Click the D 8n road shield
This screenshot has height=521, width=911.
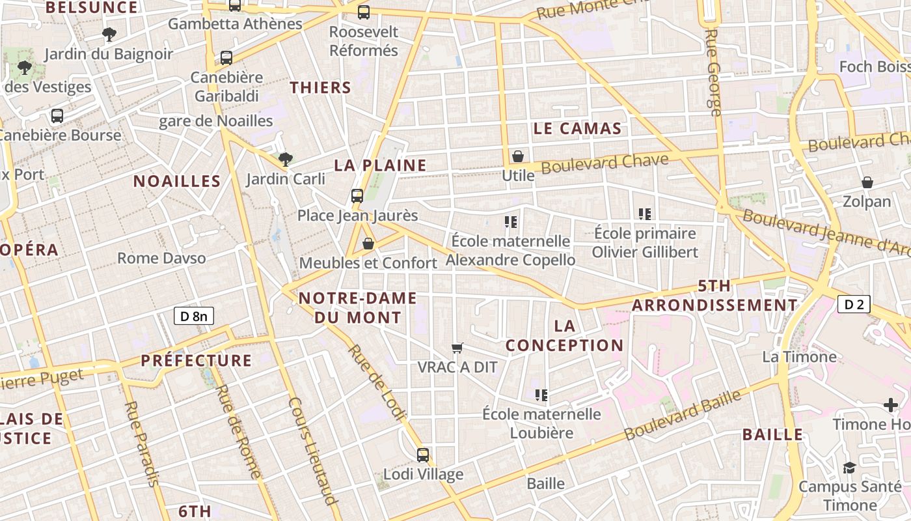(x=194, y=317)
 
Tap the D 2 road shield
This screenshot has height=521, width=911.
(x=854, y=304)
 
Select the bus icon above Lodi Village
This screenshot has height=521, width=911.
(x=423, y=455)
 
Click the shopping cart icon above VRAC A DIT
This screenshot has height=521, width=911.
(x=457, y=348)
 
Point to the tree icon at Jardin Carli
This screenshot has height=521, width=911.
(x=285, y=159)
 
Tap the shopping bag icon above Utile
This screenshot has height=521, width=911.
(x=518, y=156)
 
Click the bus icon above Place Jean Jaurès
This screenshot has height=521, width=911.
(x=357, y=195)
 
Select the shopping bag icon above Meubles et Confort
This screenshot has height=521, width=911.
(x=368, y=244)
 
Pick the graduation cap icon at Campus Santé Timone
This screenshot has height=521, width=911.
(x=849, y=468)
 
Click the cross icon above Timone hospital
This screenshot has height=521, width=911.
(x=891, y=406)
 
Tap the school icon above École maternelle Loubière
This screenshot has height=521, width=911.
(x=541, y=395)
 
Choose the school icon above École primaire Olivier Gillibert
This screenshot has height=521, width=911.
(x=645, y=214)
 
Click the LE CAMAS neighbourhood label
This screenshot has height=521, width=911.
(x=577, y=128)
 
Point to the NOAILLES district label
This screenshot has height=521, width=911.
(x=177, y=181)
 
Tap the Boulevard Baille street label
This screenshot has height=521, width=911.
(x=683, y=415)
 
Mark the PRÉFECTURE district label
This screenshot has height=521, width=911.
(x=196, y=360)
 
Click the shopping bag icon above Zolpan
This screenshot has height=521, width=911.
(x=867, y=182)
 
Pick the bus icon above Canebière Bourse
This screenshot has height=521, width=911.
(x=57, y=116)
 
